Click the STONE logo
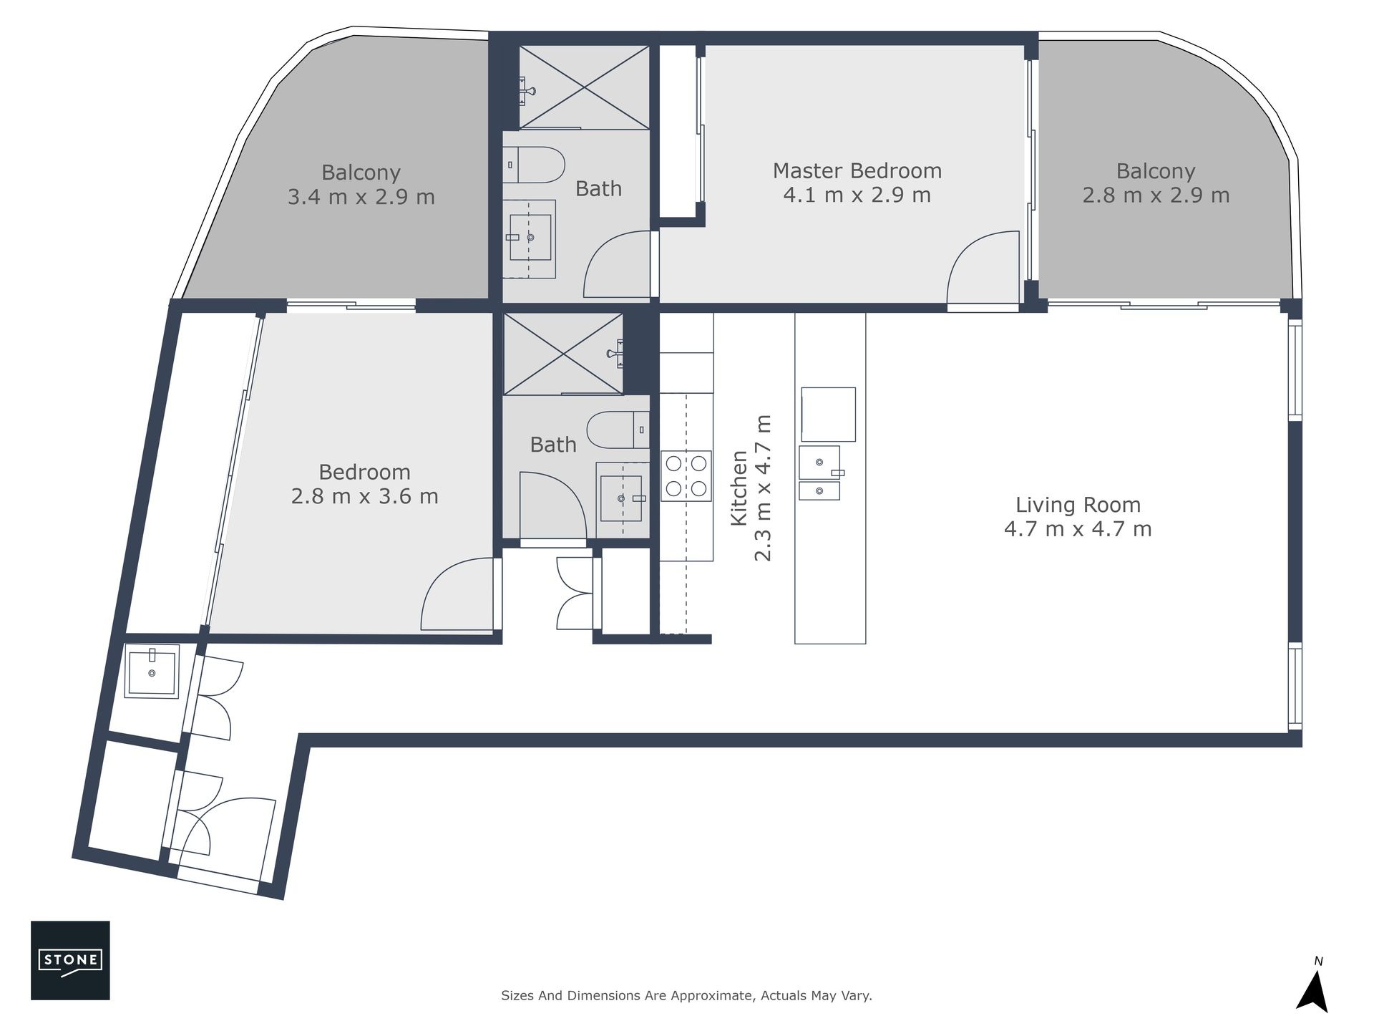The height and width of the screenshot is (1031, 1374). tap(70, 960)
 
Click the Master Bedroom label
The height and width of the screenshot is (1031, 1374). tap(857, 171)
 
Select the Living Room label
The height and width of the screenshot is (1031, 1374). tap(1078, 505)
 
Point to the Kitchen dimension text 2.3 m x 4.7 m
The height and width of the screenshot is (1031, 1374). tap(764, 488)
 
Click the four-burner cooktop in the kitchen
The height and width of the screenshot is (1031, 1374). tap(686, 475)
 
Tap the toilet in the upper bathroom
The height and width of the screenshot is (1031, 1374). tap(534, 165)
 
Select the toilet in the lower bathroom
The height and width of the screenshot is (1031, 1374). tap(618, 430)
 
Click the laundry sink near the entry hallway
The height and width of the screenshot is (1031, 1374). tap(152, 670)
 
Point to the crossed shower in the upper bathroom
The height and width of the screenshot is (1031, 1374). tap(584, 87)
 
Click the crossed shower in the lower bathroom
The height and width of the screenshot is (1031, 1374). tap(563, 353)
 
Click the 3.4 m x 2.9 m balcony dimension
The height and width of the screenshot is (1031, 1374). tap(361, 197)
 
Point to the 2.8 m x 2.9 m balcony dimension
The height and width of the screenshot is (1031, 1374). tap(1156, 195)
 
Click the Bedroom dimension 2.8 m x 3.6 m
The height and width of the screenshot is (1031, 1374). tap(365, 496)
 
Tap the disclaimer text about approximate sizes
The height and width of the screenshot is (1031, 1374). tap(686, 995)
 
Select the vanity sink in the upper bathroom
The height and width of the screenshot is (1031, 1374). tap(530, 238)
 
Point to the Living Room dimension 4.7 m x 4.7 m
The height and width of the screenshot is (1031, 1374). tap(1078, 529)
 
